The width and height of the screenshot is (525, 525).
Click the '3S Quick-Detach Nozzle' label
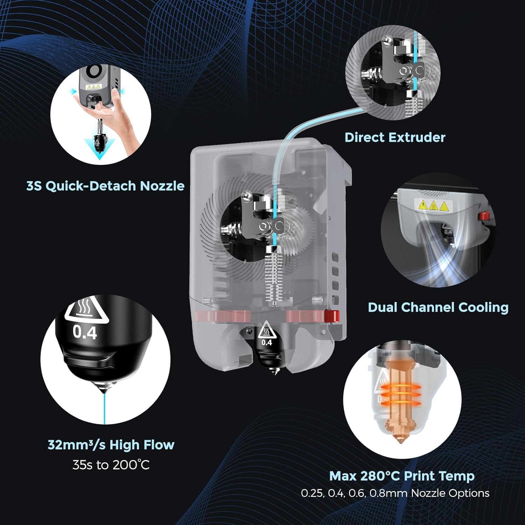pyautogui.click(x=105, y=186)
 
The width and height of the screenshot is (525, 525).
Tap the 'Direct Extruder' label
pyautogui.click(x=395, y=137)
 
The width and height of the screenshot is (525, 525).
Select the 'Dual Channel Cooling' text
pyautogui.click(x=438, y=307)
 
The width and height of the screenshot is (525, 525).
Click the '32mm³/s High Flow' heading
pyautogui.click(x=111, y=445)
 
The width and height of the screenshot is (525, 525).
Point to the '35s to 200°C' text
pyautogui.click(x=111, y=465)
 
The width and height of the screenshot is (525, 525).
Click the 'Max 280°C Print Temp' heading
pyautogui.click(x=402, y=476)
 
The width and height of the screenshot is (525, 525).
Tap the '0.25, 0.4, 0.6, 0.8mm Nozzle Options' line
pyautogui.click(x=395, y=493)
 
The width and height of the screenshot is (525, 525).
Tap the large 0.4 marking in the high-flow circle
pyautogui.click(x=85, y=332)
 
